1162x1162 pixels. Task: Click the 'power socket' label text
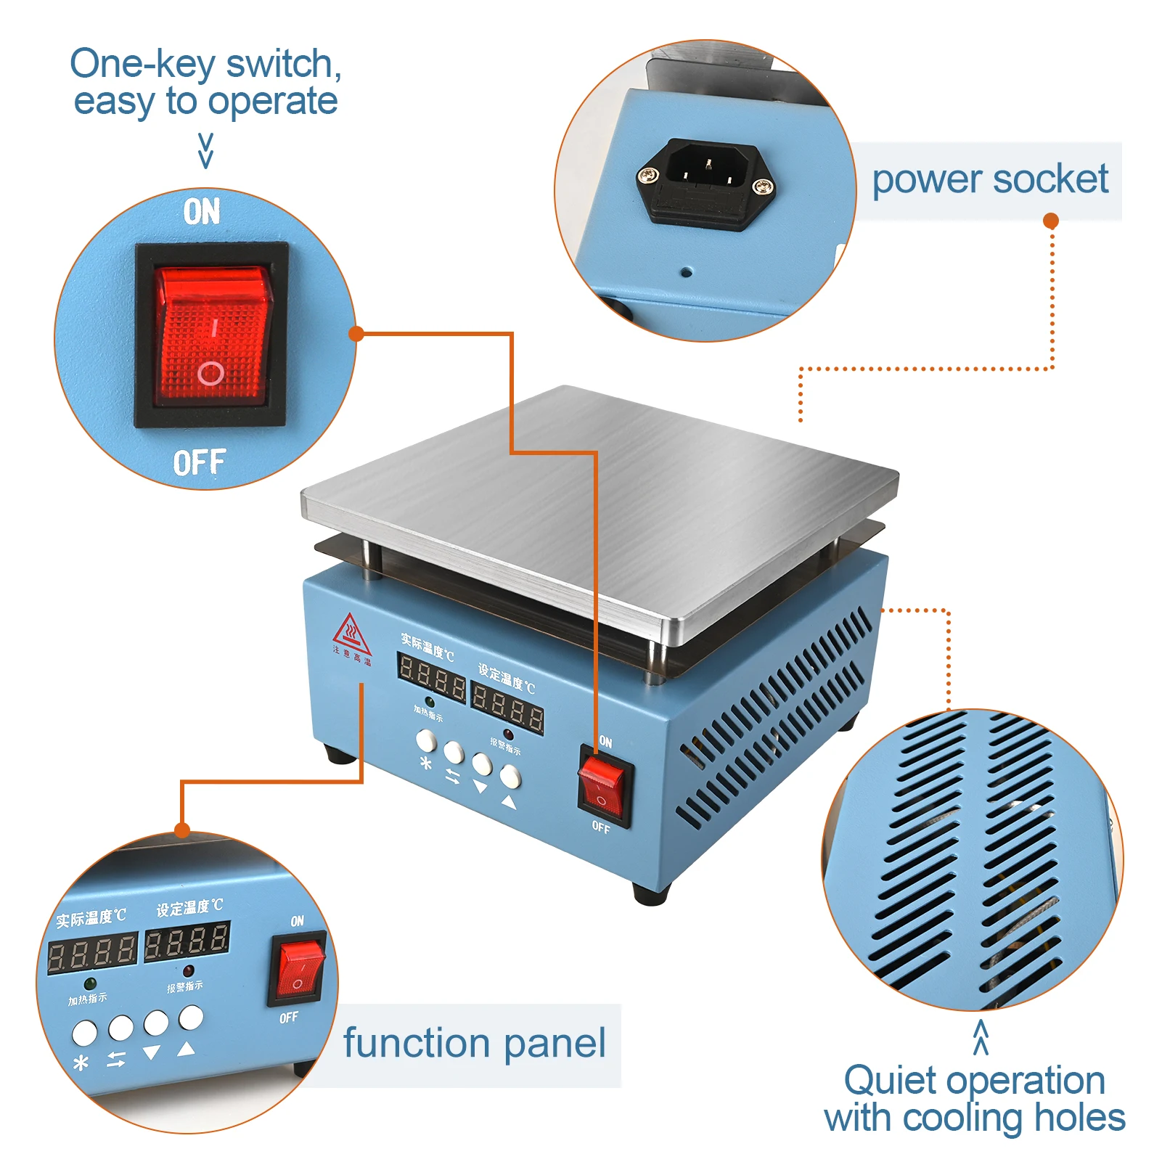coord(989,180)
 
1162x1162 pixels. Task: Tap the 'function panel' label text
coord(474,1044)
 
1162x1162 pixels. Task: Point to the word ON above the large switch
coord(201,212)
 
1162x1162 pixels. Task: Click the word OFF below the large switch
coord(200,462)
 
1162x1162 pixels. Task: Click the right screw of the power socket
coord(761,187)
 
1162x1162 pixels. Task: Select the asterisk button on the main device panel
coord(427,741)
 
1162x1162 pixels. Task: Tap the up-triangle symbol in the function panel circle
coord(187,1048)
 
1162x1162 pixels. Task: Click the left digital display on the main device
coord(432,676)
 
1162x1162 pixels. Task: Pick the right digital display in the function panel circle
coord(187,941)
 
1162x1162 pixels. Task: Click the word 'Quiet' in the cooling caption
coord(890,1081)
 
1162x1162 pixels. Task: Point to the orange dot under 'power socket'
coord(1050,221)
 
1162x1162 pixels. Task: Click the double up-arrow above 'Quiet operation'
coord(981,1036)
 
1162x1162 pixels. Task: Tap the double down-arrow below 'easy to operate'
coord(206,150)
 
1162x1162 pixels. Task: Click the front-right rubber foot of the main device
coord(650,893)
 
